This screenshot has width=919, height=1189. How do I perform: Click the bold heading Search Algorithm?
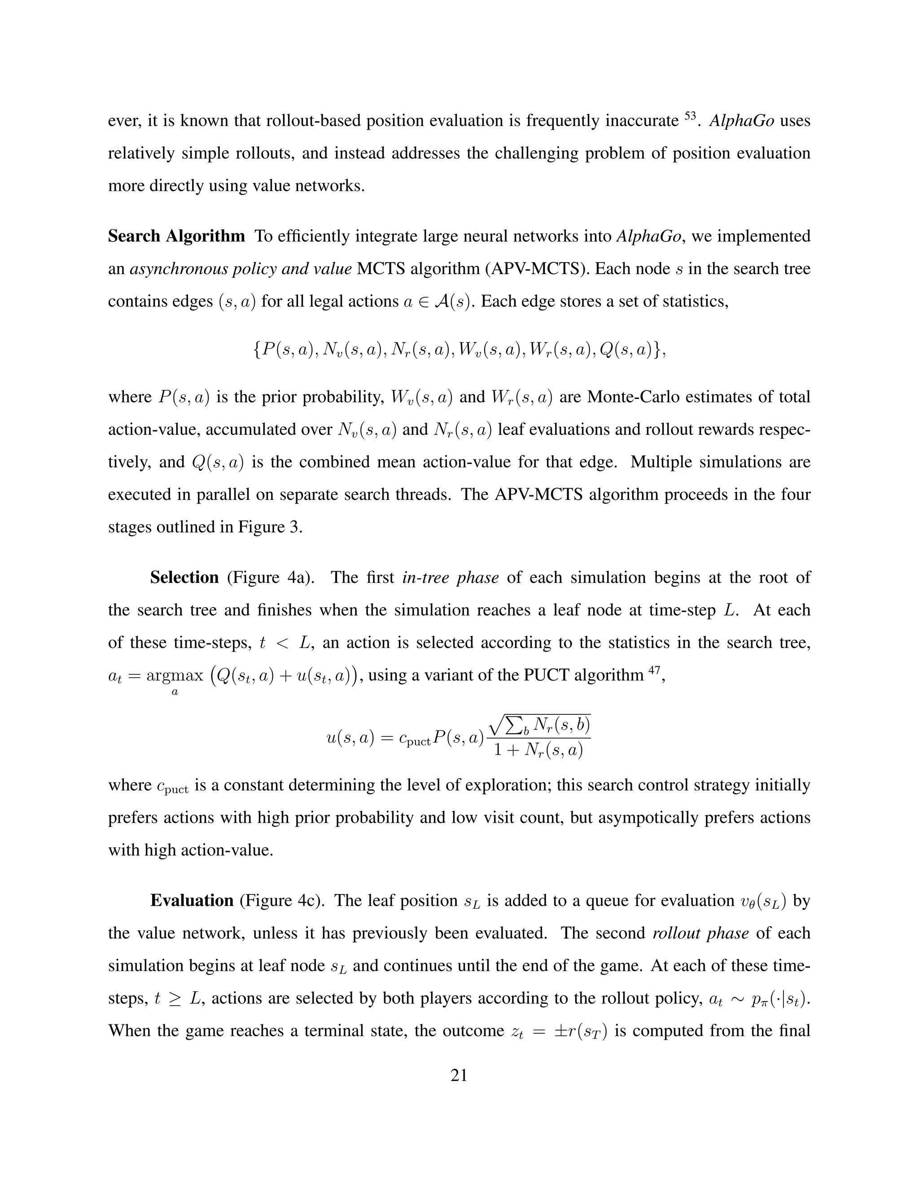click(x=176, y=236)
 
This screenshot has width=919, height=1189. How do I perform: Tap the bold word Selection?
click(x=184, y=577)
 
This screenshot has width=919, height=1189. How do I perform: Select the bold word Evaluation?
click(x=192, y=900)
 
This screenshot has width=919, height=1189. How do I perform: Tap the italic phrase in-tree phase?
click(x=450, y=577)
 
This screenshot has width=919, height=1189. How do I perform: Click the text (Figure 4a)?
click(x=271, y=577)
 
